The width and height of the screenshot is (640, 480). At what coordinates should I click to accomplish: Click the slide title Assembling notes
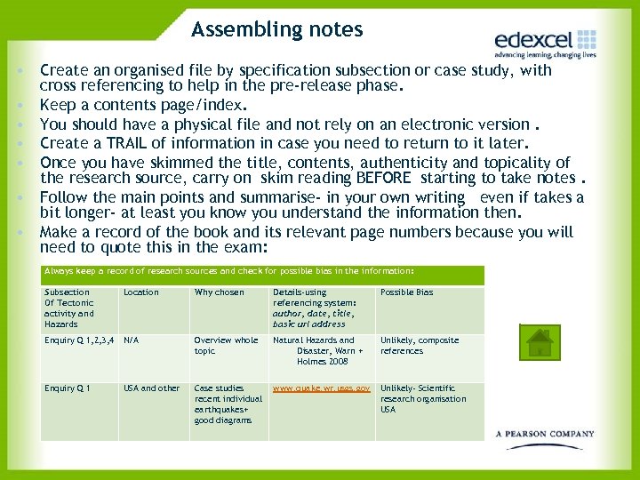pyautogui.click(x=276, y=29)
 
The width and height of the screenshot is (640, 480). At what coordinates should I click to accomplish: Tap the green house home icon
pyautogui.click(x=539, y=343)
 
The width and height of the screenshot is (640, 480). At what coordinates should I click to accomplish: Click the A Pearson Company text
pyautogui.click(x=545, y=434)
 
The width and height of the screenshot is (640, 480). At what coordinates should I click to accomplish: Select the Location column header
pyautogui.click(x=141, y=292)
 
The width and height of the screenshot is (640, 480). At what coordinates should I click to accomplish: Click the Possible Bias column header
pyautogui.click(x=407, y=292)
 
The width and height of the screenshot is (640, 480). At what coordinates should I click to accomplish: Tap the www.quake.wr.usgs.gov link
pyautogui.click(x=321, y=388)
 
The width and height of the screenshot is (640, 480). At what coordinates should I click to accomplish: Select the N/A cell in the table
pyautogui.click(x=132, y=340)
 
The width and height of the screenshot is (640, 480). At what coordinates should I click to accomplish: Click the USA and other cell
pyautogui.click(x=151, y=388)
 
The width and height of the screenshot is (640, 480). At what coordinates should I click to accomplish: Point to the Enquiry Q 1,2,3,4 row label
pyautogui.click(x=79, y=340)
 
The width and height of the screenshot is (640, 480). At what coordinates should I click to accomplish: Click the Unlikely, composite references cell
pyautogui.click(x=420, y=346)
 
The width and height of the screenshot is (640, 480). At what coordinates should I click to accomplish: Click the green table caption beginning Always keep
pyautogui.click(x=229, y=271)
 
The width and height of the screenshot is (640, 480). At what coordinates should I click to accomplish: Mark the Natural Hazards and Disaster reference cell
pyautogui.click(x=318, y=350)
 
